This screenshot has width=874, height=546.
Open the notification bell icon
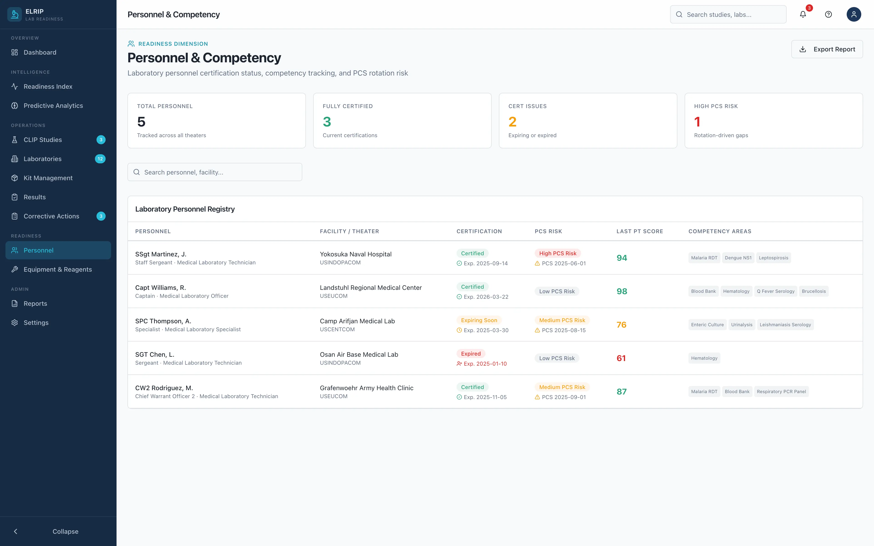click(x=803, y=14)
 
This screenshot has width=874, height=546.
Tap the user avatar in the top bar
click(x=854, y=14)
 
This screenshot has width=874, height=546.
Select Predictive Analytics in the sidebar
click(x=53, y=105)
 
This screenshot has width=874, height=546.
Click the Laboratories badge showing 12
click(x=100, y=159)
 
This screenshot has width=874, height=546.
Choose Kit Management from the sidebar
click(x=48, y=178)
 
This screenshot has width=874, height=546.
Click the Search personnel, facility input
click(x=215, y=172)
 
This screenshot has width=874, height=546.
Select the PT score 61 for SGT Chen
click(x=621, y=358)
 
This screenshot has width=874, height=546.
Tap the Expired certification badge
click(x=471, y=354)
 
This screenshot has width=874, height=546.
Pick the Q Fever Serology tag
click(x=775, y=291)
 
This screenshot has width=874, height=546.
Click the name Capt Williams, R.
click(x=160, y=287)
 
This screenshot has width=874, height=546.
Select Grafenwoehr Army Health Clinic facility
click(x=366, y=388)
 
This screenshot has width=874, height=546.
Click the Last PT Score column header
click(x=639, y=231)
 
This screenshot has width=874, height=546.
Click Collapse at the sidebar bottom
click(x=65, y=531)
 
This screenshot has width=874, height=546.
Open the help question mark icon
click(x=828, y=14)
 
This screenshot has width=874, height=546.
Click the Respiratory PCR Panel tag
click(x=781, y=392)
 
